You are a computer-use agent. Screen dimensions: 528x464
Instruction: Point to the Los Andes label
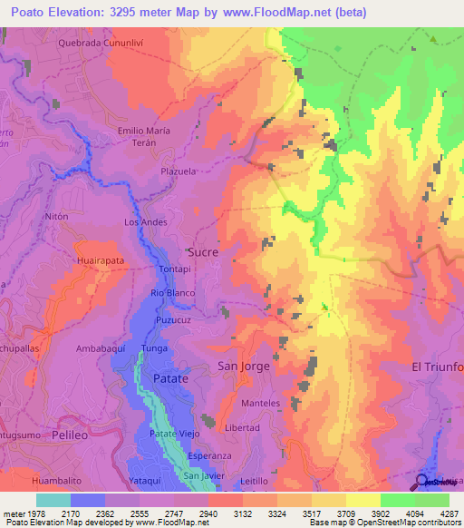pos(145,222)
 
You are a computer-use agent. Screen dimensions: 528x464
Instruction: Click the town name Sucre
pos(202,252)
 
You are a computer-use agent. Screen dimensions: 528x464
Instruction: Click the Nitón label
pos(56,218)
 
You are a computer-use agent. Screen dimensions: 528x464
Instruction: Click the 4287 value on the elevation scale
pos(449,513)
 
